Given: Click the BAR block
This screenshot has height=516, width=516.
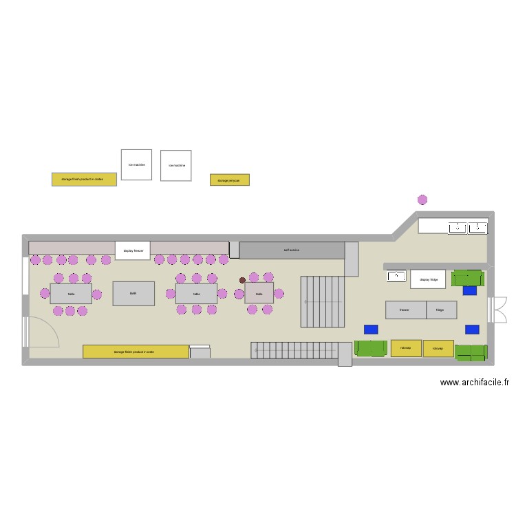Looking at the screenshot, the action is pyautogui.click(x=133, y=293).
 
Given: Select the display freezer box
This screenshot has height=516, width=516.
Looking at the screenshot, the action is pyautogui.click(x=132, y=251).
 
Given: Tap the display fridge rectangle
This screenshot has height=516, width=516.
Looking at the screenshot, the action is pyautogui.click(x=428, y=279).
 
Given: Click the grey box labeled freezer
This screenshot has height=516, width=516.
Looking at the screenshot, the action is pyautogui.click(x=405, y=310).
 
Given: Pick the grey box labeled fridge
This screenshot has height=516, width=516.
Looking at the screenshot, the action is pyautogui.click(x=440, y=310).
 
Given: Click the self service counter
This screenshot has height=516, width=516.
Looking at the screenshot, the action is pyautogui.click(x=292, y=250).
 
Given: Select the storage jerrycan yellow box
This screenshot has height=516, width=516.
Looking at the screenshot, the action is pyautogui.click(x=229, y=180).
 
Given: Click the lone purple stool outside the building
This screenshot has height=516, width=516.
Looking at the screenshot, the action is pyautogui.click(x=422, y=200).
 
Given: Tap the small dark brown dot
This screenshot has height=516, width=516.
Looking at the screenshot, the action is pyautogui.click(x=242, y=280).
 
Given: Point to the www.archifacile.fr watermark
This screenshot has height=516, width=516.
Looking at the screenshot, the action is pyautogui.click(x=474, y=383).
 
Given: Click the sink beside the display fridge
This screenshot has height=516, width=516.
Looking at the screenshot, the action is pyautogui.click(x=396, y=277).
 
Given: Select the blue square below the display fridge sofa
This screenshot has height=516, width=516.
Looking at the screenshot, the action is pyautogui.click(x=470, y=290).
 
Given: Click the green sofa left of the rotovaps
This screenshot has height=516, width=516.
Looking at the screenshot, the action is pyautogui.click(x=371, y=348).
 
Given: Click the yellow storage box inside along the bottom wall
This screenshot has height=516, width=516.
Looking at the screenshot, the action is pyautogui.click(x=136, y=352).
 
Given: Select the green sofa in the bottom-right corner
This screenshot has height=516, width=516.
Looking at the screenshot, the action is pyautogui.click(x=471, y=352).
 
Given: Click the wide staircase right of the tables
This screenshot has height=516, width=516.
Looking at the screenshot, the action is pyautogui.click(x=322, y=301).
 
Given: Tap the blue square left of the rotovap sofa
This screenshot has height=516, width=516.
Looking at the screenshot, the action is pyautogui.click(x=371, y=330).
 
